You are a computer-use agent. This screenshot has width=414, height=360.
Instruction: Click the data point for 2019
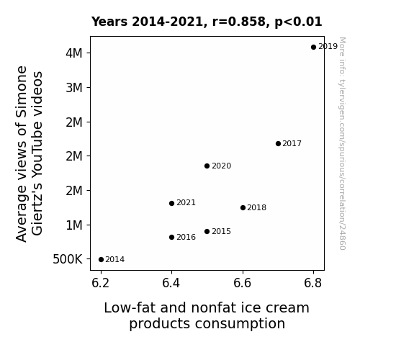click(x=313, y=48)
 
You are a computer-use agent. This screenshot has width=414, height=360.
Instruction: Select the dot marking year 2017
click(x=278, y=144)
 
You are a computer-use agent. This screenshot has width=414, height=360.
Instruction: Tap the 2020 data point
click(x=207, y=166)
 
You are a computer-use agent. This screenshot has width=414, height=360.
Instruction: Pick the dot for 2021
click(x=171, y=203)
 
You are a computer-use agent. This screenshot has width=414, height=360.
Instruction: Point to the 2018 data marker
click(x=243, y=208)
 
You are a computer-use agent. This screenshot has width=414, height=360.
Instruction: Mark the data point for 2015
click(x=207, y=232)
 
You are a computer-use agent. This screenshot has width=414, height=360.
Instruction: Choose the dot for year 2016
click(x=171, y=238)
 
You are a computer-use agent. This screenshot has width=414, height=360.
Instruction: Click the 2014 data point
click(x=101, y=260)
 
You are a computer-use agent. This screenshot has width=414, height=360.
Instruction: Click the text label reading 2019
click(x=328, y=47)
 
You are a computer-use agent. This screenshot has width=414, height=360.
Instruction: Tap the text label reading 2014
click(x=115, y=260)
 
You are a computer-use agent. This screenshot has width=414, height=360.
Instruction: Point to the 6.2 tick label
click(x=100, y=283)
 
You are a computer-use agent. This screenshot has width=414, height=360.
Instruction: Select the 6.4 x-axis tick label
click(x=171, y=283)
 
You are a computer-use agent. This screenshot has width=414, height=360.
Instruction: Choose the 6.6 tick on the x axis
click(x=243, y=283)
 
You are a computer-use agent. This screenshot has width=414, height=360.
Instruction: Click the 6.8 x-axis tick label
click(x=313, y=283)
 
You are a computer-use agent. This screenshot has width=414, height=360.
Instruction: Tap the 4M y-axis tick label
click(x=74, y=53)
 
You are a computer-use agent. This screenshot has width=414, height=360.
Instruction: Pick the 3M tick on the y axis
click(x=74, y=87)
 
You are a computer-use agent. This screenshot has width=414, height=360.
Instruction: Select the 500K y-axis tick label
click(x=68, y=259)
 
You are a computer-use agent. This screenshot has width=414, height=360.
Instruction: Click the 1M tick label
click(x=74, y=225)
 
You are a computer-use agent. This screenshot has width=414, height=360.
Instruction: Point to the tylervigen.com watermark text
click(x=342, y=143)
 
